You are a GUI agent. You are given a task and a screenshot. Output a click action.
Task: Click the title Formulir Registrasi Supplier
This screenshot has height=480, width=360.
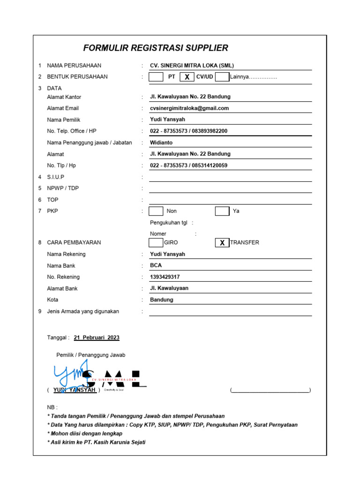pos(156,48)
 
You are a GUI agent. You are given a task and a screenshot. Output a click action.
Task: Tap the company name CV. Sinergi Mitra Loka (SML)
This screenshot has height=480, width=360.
pos(192,66)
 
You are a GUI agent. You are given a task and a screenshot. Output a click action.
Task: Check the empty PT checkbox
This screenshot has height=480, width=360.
pos(156,77)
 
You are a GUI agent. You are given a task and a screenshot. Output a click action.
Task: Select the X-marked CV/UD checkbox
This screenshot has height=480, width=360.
pos(187,77)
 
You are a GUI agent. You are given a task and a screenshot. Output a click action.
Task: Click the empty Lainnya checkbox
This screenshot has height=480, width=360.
pos(222,77)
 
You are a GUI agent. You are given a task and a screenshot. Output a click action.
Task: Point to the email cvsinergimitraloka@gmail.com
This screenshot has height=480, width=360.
pos(189,108)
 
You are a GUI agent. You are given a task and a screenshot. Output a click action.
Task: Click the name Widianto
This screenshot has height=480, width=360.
pos(161,142)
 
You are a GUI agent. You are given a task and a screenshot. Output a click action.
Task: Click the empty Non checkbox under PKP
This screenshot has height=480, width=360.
pos(156,211)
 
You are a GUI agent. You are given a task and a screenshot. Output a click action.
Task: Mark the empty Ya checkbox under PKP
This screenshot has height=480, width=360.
pos(222,211)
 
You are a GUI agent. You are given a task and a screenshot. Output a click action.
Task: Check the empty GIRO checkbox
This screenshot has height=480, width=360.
pos(156,242)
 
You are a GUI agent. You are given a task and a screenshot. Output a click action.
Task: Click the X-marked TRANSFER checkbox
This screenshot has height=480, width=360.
pos(222,242)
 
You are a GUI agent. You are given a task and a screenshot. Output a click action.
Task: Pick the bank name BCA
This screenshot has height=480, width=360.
pos(156,265)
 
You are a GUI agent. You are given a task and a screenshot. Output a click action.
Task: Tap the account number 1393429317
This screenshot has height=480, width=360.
pos(165,277)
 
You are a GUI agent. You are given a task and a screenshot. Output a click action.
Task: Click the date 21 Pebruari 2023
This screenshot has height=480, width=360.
pos(97,337)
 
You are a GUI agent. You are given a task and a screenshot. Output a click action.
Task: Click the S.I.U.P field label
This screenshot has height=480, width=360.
pos(56,177)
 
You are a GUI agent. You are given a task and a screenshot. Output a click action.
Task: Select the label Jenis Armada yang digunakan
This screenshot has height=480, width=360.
pos(83,311)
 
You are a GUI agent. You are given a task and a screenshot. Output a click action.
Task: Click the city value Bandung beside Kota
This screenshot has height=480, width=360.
pos(161,300)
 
